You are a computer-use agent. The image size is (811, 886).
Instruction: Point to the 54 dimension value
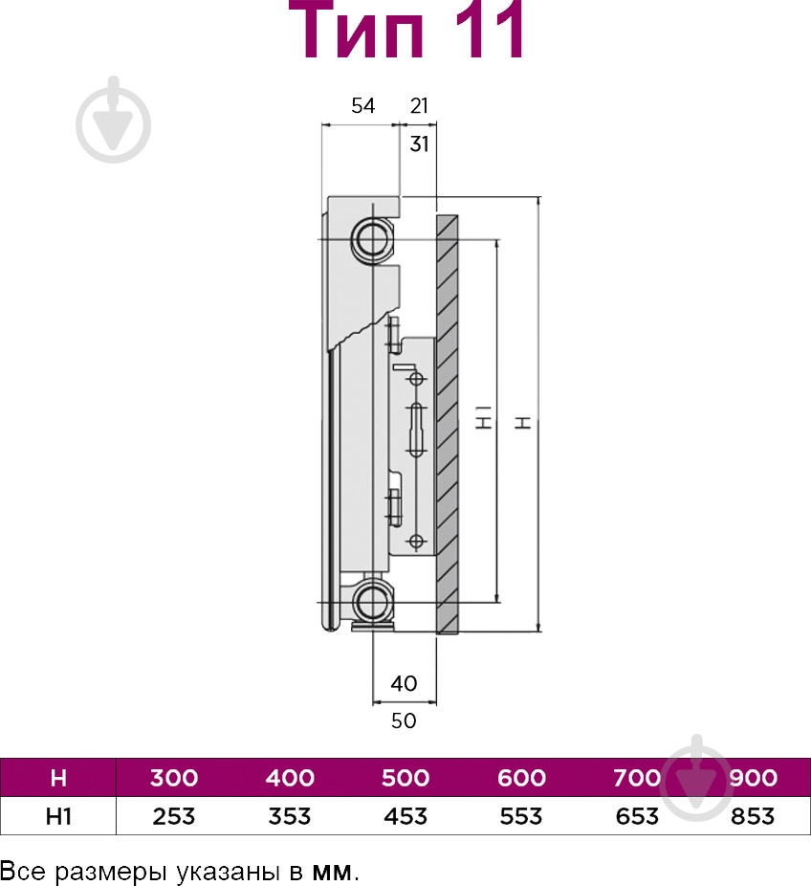click(362, 105)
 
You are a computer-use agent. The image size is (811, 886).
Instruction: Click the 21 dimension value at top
click(419, 105)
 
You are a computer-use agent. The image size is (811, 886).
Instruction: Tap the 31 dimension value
click(419, 144)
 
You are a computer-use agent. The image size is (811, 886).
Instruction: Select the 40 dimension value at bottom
click(404, 684)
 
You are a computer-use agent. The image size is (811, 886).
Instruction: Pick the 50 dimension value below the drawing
click(404, 720)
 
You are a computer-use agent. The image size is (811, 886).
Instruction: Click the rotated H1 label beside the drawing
click(485, 416)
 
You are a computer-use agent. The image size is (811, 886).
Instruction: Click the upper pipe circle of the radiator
click(373, 239)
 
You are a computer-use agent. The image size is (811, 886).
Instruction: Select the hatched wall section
click(447, 425)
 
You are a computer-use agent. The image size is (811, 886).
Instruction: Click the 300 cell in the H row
click(174, 778)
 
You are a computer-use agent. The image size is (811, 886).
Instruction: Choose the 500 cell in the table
click(405, 778)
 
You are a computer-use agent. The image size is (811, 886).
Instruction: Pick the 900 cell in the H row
click(753, 778)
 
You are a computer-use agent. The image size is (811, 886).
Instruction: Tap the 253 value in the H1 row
click(174, 816)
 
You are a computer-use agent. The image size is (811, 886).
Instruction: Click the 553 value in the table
click(521, 816)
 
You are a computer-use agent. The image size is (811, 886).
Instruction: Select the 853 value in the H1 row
click(753, 816)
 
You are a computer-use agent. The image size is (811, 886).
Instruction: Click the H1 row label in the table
click(58, 816)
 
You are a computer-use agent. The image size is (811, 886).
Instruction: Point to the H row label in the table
click(58, 778)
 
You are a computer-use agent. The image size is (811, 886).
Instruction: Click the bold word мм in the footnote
click(332, 872)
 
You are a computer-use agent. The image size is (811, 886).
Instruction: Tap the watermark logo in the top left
click(114, 120)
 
